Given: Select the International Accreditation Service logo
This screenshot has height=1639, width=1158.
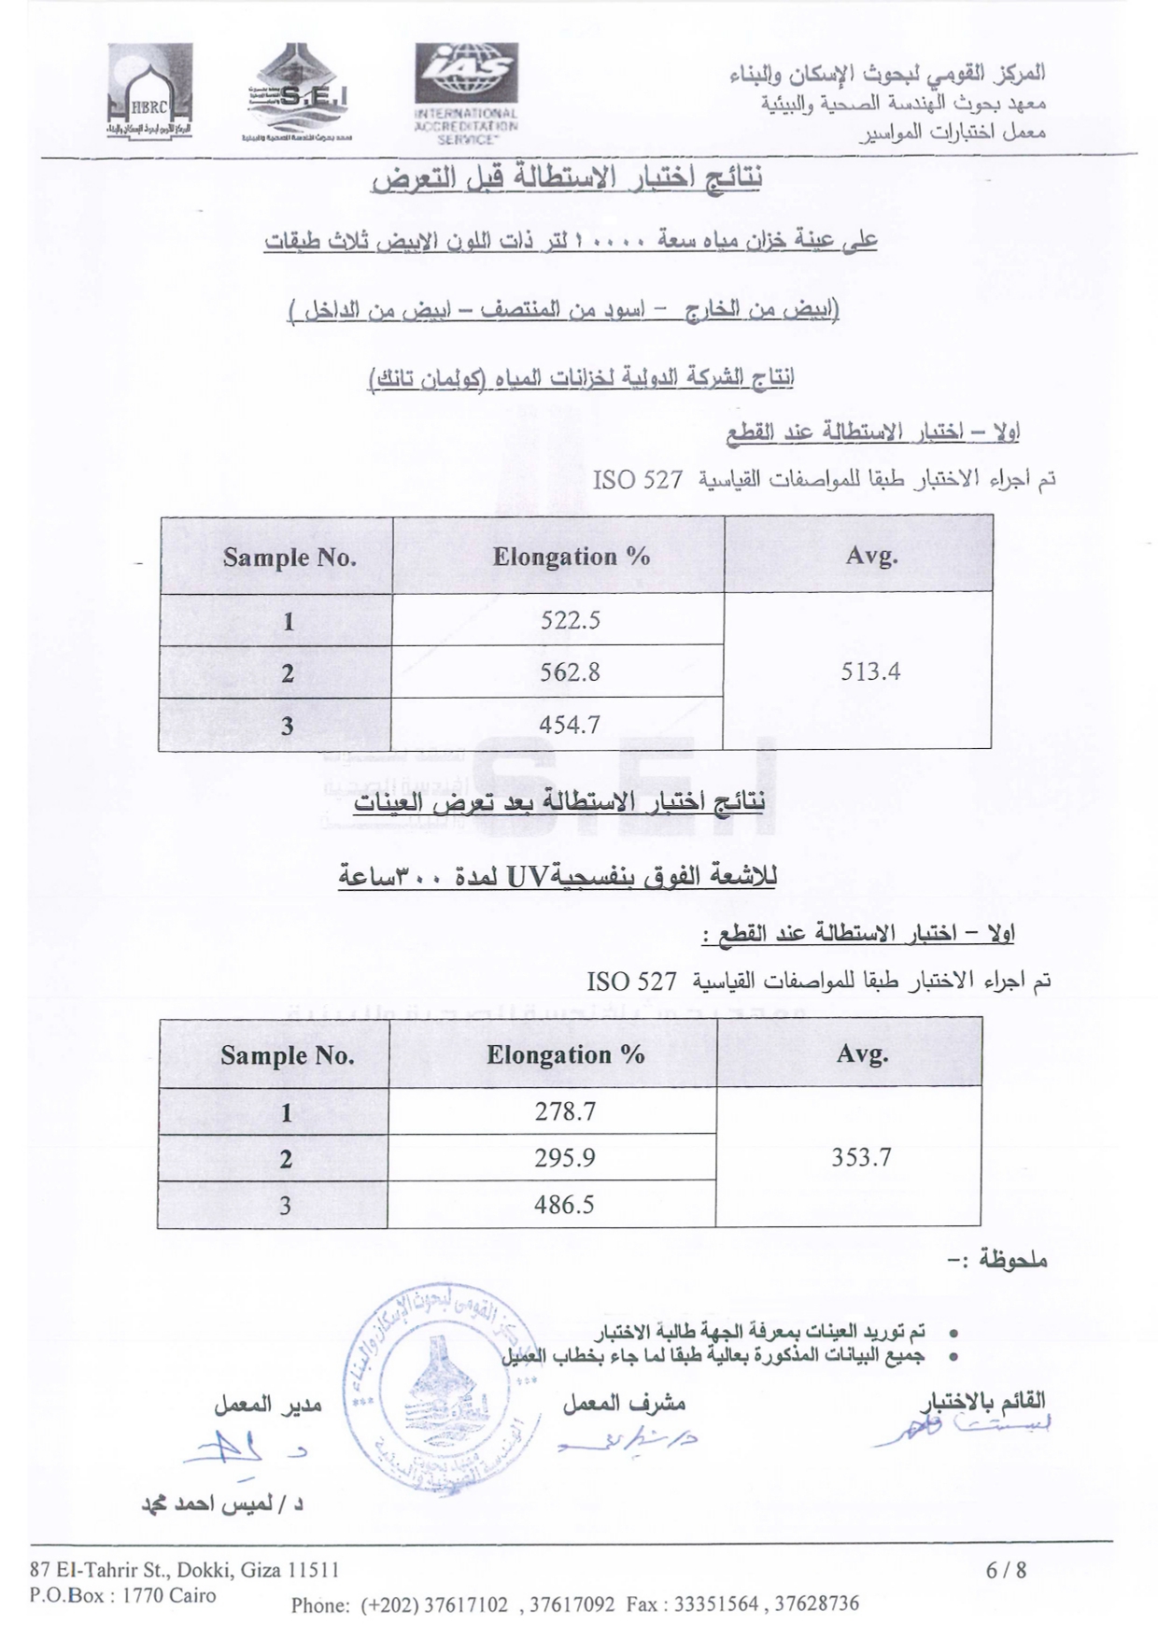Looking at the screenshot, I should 466,92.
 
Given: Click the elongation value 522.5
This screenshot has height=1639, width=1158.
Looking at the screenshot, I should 570,620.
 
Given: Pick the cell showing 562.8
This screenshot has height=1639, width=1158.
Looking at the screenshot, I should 570,672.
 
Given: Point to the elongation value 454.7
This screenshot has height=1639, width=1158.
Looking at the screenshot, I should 570,725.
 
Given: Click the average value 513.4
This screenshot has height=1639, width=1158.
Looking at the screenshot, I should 869,671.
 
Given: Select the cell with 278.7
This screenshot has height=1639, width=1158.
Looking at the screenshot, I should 565,1111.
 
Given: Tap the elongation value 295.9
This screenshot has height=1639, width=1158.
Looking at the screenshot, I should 565,1158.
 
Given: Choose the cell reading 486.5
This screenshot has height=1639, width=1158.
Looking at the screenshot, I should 564,1205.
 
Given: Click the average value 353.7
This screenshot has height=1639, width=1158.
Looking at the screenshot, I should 861,1158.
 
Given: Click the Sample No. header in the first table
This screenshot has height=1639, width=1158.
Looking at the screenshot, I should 289,558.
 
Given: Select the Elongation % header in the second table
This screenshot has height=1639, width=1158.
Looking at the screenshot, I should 565,1055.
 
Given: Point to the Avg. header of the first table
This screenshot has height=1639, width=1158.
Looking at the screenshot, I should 871,557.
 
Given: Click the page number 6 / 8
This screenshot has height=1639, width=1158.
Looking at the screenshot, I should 1006,1570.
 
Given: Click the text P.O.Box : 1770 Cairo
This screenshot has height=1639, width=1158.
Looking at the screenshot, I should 122,1595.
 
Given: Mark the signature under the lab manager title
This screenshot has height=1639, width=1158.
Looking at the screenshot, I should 243,1450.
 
